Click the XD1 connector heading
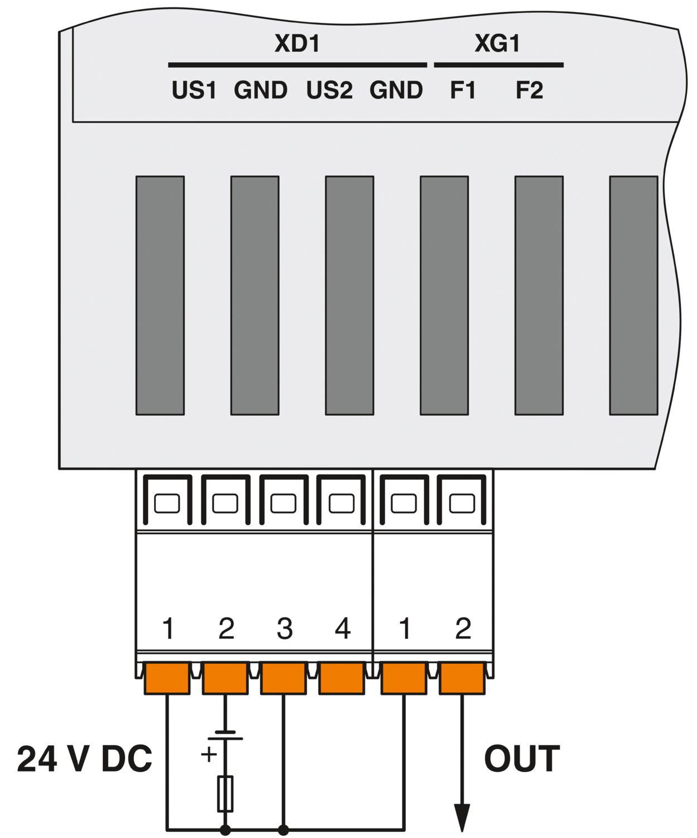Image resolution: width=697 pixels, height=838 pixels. [x=297, y=44]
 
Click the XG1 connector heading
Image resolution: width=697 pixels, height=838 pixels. [x=497, y=44]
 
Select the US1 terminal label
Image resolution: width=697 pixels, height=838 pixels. [x=194, y=90]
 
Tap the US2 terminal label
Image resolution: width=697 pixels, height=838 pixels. [x=329, y=90]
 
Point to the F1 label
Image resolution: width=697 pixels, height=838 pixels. [x=463, y=90]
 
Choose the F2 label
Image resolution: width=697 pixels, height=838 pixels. [x=528, y=90]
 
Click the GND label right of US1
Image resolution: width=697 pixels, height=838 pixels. [x=261, y=90]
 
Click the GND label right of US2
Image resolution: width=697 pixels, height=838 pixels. [x=396, y=90]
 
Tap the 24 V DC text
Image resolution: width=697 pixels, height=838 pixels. [x=84, y=759]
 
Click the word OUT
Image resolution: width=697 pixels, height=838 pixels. [x=522, y=759]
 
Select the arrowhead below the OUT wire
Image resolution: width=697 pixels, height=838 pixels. [x=462, y=818]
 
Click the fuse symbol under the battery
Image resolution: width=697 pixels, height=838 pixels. [x=225, y=793]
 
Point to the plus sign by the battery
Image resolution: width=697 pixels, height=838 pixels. [x=209, y=754]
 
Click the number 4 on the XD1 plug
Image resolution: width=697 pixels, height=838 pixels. [x=342, y=628]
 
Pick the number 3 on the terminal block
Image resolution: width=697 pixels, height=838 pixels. [x=284, y=628]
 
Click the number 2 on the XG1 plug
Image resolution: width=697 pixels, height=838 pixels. [x=463, y=628]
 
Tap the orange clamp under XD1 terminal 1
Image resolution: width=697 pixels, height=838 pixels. [x=167, y=678]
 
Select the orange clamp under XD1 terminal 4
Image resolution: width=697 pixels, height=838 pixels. [x=342, y=678]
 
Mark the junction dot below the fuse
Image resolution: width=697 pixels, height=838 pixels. [x=225, y=830]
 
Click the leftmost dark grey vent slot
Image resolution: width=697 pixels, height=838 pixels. [x=160, y=296]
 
